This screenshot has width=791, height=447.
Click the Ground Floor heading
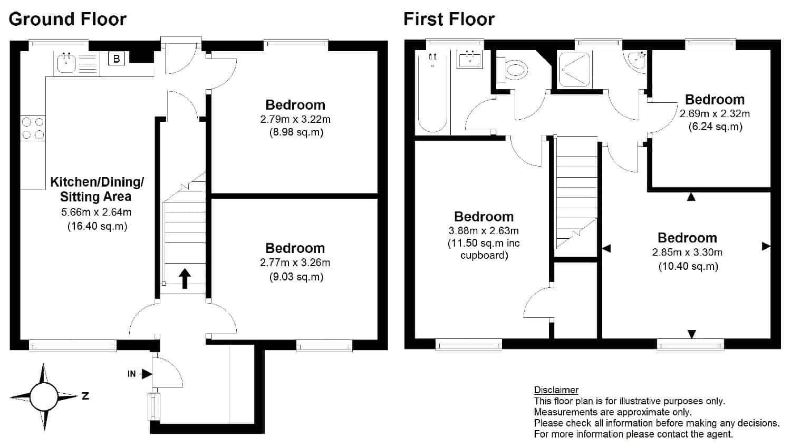point(67,20)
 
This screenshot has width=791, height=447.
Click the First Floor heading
point(449,20)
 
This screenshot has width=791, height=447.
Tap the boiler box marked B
point(117,59)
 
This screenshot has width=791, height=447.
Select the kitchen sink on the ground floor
point(66,64)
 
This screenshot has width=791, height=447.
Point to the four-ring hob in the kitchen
point(33,128)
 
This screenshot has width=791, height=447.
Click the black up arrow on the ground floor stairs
point(185,278)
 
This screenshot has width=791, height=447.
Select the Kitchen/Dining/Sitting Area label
point(97,189)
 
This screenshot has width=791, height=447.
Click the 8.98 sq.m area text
point(295,132)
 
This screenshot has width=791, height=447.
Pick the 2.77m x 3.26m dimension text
point(295,263)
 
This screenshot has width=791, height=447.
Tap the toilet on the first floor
point(515,70)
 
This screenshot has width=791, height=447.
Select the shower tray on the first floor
point(575,69)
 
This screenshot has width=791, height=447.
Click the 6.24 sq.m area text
point(715,127)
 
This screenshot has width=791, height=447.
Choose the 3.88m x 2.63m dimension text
point(484,230)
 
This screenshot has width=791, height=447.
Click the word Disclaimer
point(556,390)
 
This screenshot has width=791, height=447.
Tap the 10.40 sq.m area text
point(688,266)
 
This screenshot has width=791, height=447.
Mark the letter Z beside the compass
point(85,396)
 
